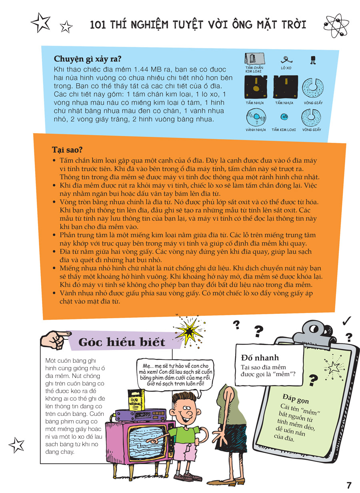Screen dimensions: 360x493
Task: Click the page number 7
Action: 349,485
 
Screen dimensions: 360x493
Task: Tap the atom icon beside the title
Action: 336,25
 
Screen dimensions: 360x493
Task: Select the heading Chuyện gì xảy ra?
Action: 88,59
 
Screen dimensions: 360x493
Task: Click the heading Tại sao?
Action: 67,150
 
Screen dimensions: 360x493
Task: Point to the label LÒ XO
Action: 286,68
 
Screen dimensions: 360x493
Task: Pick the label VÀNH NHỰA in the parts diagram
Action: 256,130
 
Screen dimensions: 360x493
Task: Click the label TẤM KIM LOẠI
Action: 284,130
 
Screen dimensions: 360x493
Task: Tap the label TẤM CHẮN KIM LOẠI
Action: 254,69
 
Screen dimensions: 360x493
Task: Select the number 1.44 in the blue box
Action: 141,70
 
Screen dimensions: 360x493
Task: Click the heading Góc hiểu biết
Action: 122,342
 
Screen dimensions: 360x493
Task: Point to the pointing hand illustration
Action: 56,339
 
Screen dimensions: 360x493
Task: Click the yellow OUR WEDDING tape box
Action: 136,400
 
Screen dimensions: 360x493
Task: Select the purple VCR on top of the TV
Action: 141,415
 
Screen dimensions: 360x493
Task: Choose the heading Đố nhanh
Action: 260,357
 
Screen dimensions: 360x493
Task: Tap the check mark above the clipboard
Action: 346,321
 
